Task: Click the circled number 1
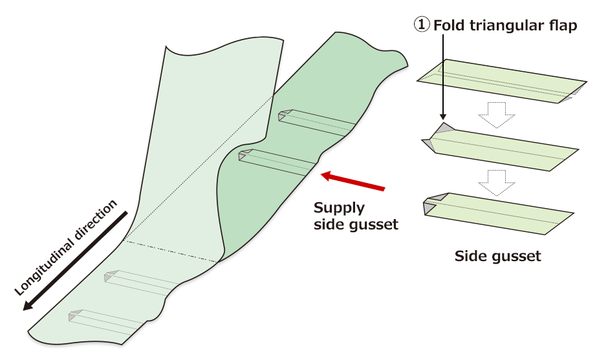(421, 26)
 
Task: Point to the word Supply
(339, 208)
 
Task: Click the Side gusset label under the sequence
(497, 256)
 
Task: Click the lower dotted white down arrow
(495, 183)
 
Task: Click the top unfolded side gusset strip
(501, 81)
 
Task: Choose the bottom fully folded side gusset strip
(498, 213)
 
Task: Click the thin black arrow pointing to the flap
(442, 78)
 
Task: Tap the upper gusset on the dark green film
(317, 123)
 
